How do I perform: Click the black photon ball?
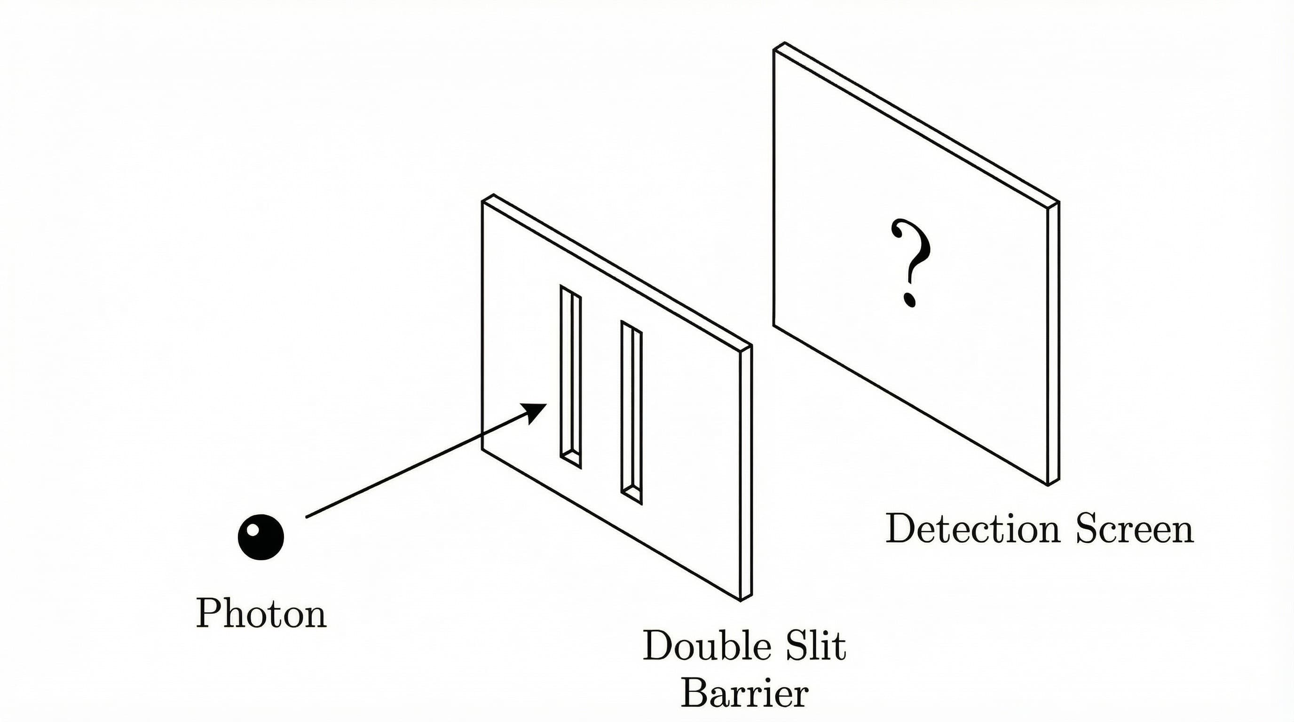pyautogui.click(x=260, y=537)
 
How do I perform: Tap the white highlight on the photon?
pyautogui.click(x=253, y=529)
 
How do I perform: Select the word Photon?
pyautogui.click(x=261, y=613)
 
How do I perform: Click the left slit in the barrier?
pyautogui.click(x=571, y=377)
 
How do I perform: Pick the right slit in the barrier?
pyautogui.click(x=631, y=412)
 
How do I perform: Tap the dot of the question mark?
pyautogui.click(x=910, y=300)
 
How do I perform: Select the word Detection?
pyautogui.click(x=972, y=529)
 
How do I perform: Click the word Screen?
pyautogui.click(x=1135, y=529)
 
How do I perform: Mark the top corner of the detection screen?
pyautogui.click(x=784, y=44)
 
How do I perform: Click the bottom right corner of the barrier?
pyautogui.click(x=742, y=600)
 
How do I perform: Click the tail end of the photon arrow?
pyautogui.click(x=307, y=516)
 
